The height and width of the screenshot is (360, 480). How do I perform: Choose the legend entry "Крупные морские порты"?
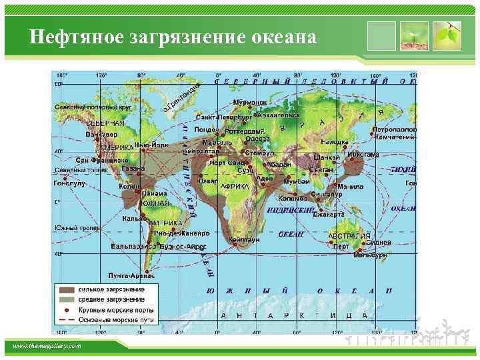116,310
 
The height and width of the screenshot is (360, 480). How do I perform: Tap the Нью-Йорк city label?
151,145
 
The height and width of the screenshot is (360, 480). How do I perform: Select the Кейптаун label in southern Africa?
244,239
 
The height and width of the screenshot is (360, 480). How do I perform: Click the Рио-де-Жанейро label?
181,233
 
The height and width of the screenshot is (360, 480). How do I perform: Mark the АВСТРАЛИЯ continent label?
349,236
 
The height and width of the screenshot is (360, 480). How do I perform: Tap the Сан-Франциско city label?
101,160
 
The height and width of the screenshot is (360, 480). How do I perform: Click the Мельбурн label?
370,255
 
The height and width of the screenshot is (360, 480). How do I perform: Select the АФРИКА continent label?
235,187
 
